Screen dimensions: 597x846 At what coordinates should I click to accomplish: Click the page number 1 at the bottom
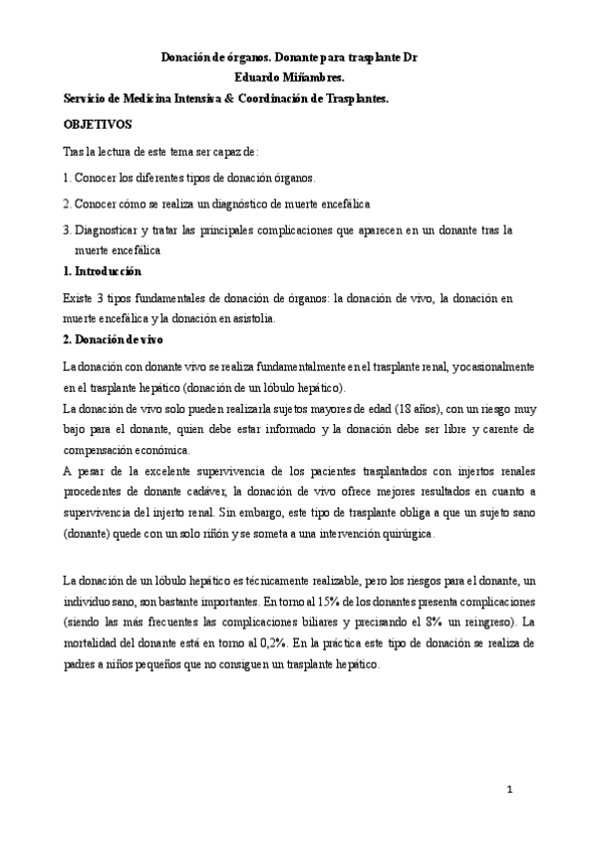(508, 790)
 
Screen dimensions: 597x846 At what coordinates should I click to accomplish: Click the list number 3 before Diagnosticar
(65, 229)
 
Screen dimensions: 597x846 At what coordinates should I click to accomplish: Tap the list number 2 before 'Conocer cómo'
(65, 204)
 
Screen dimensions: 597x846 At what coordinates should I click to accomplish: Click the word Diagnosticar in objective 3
(107, 229)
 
